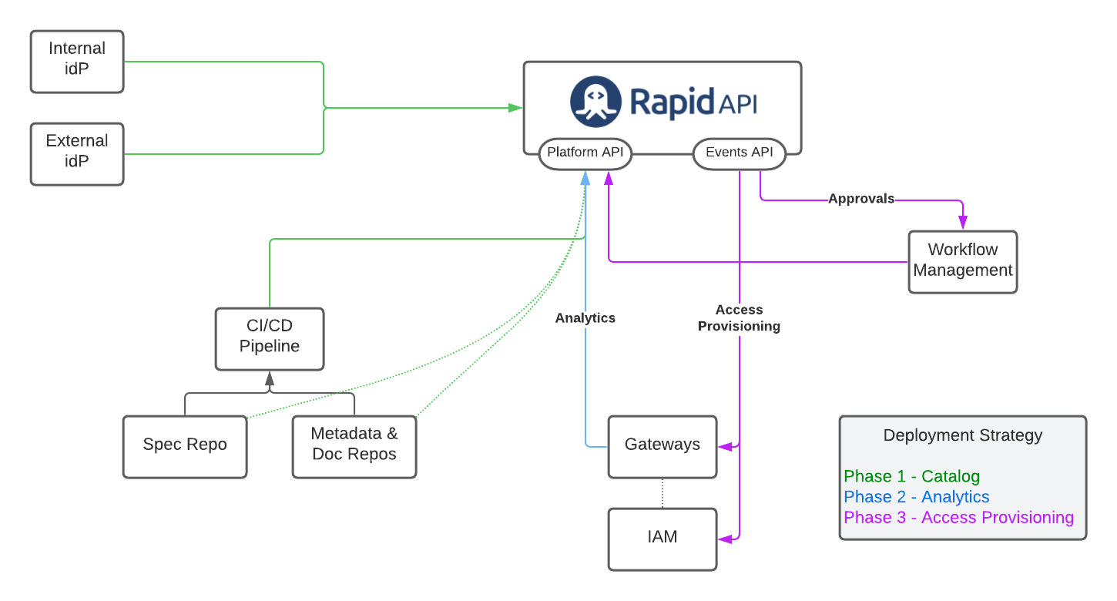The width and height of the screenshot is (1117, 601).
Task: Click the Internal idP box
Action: pyautogui.click(x=77, y=62)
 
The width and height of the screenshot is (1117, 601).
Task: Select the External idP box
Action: pyautogui.click(x=77, y=154)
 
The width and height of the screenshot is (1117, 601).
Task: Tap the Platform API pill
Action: pyautogui.click(x=585, y=153)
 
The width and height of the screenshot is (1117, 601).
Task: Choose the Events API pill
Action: pyautogui.click(x=740, y=153)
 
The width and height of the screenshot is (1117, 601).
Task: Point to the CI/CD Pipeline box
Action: pyautogui.click(x=270, y=339)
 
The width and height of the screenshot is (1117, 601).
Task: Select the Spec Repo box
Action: pyautogui.click(x=185, y=447)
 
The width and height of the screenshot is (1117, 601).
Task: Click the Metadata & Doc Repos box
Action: pyautogui.click(x=354, y=447)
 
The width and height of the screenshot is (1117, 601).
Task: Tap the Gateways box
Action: pyautogui.click(x=662, y=447)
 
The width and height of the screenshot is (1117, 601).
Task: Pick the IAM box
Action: pyautogui.click(x=662, y=539)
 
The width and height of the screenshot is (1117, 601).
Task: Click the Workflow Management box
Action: pyautogui.click(x=963, y=262)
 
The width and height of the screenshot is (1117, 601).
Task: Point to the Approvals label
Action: pyautogui.click(x=861, y=199)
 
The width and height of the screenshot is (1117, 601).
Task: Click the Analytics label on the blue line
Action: pyautogui.click(x=585, y=317)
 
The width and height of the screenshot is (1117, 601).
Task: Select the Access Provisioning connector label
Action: pyautogui.click(x=739, y=318)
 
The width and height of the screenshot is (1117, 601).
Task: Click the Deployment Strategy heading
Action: pyautogui.click(x=963, y=435)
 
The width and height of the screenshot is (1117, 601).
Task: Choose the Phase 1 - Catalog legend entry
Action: pyautogui.click(x=912, y=476)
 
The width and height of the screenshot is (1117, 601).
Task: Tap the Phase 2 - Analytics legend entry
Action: pyautogui.click(x=917, y=497)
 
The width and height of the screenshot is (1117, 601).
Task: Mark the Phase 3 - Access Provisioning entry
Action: pyautogui.click(x=958, y=518)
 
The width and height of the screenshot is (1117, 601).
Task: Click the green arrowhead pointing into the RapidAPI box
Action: pyautogui.click(x=515, y=108)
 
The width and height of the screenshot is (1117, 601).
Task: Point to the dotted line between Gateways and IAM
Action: pyautogui.click(x=662, y=493)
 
